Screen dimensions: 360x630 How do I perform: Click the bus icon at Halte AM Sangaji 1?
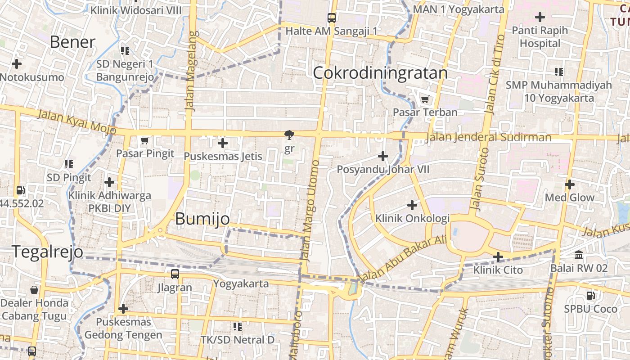332,18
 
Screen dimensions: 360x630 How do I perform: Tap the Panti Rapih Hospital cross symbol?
540,18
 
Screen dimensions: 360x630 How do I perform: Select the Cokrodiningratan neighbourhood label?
380,73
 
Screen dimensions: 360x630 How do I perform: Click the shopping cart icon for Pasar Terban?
425,99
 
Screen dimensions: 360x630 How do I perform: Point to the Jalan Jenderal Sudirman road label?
488,137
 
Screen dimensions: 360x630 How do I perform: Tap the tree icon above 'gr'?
289,135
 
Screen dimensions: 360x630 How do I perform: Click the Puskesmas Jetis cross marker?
222,144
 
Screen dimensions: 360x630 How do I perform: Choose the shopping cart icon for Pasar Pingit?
144,141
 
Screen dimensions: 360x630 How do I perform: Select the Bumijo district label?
202,219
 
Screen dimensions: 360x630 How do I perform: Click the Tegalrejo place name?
47,252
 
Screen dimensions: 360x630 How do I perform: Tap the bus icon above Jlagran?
175,274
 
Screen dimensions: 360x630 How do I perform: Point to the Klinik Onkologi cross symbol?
412,205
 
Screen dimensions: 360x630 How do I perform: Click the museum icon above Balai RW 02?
579,255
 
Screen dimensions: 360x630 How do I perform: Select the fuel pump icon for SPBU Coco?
590,296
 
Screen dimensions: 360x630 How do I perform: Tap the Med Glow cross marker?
570,184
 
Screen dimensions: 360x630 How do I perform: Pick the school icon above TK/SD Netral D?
238,326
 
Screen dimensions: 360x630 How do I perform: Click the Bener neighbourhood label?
72,42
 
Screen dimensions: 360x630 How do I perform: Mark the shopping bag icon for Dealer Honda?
34,289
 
